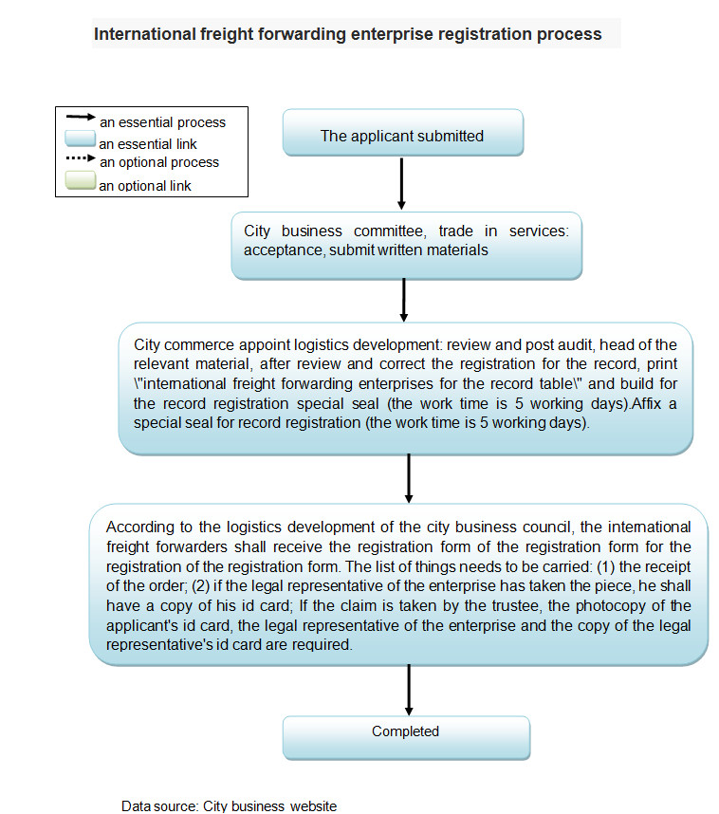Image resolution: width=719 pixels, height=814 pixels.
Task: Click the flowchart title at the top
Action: [347, 34]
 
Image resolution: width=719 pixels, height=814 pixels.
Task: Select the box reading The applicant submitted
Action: [402, 136]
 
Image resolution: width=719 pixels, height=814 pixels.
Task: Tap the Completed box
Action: [405, 731]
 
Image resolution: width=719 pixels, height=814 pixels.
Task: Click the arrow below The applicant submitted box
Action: [402, 183]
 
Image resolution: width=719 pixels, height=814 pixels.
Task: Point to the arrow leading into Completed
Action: [409, 689]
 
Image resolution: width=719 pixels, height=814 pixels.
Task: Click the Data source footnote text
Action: [229, 805]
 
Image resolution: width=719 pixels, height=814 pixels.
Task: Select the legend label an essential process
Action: [162, 121]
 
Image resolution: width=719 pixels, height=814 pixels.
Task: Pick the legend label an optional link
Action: [145, 186]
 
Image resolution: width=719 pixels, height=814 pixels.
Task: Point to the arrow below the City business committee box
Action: [405, 301]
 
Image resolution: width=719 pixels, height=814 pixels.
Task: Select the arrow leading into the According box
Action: [409, 478]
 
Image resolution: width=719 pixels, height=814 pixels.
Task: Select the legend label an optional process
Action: [159, 162]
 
